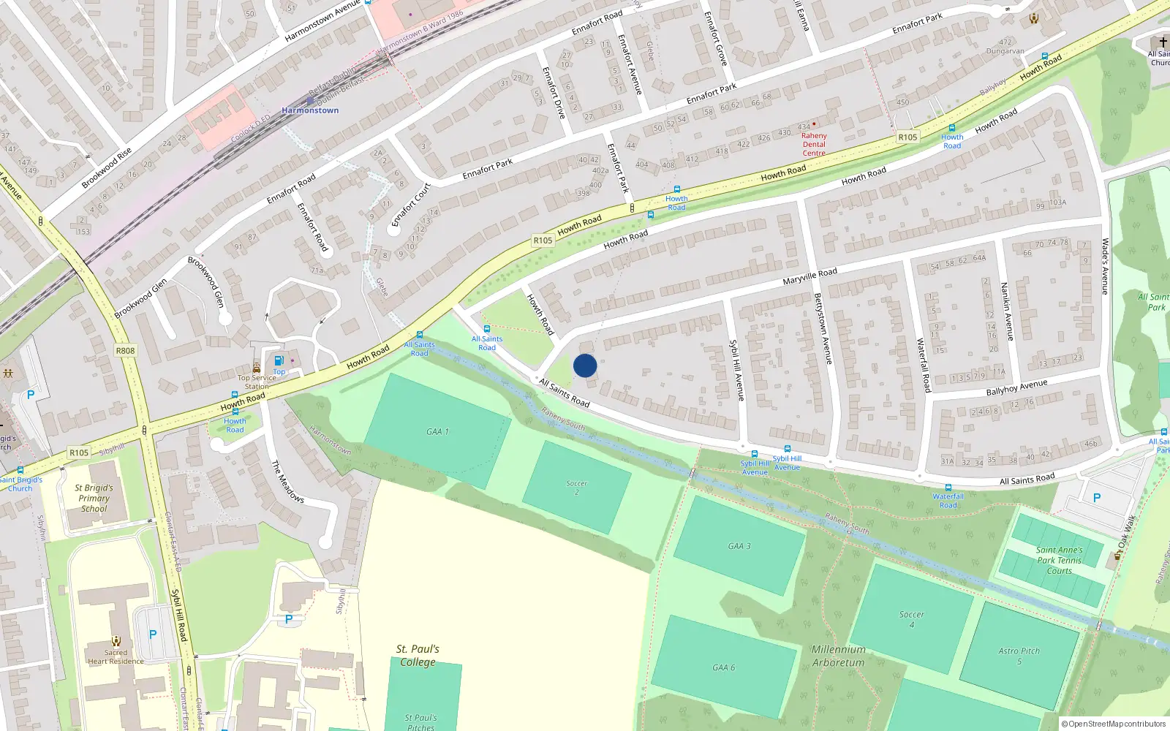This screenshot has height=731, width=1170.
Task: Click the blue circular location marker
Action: click(585, 365)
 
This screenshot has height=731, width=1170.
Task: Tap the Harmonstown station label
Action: click(310, 110)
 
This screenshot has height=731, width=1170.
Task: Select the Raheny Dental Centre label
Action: click(814, 144)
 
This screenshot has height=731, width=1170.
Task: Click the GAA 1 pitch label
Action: click(437, 432)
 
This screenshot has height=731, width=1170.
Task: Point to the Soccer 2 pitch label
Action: click(576, 488)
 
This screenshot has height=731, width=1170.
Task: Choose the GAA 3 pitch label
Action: click(739, 546)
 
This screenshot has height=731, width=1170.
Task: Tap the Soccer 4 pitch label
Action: click(911, 619)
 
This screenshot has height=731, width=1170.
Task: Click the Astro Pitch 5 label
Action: click(1019, 656)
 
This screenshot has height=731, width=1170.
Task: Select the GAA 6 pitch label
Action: click(723, 667)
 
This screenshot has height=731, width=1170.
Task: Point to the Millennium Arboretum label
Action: click(838, 656)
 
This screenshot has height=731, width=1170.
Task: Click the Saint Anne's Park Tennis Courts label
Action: click(1059, 560)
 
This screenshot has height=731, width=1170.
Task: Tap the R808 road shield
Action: click(125, 351)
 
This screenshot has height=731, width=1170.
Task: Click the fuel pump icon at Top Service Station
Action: click(279, 360)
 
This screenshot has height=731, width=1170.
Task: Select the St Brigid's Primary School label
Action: click(94, 498)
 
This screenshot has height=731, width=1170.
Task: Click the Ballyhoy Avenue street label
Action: click(1016, 387)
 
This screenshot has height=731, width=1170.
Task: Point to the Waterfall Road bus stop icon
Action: click(948, 488)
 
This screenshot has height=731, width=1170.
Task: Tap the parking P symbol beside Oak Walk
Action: click(1096, 498)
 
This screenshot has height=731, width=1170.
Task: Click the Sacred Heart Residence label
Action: click(116, 656)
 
